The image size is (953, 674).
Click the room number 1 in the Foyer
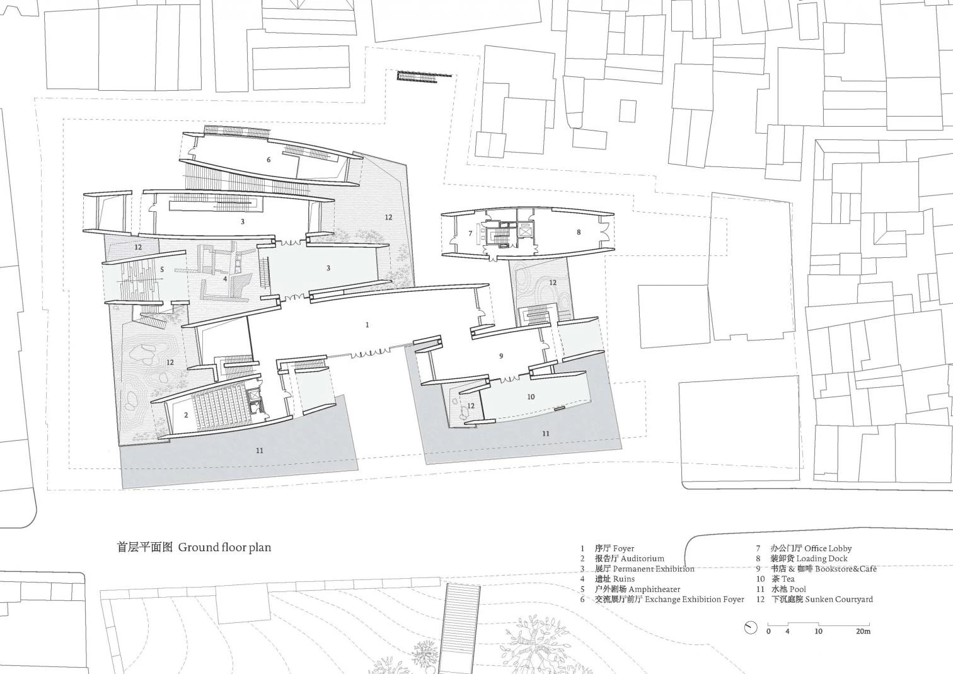click(x=367, y=325)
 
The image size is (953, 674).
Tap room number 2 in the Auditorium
click(x=186, y=415)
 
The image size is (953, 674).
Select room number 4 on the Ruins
click(x=225, y=279)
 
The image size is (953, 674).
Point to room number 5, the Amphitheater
click(x=161, y=269)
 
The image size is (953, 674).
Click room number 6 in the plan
click(x=269, y=160)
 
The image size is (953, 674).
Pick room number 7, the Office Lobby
click(x=470, y=233)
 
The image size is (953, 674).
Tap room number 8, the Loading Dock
click(x=579, y=232)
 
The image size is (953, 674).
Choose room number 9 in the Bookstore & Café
click(x=500, y=356)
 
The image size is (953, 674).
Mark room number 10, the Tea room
click(x=531, y=397)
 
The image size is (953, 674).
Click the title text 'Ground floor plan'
click(x=224, y=547)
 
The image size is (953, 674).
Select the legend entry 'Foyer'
click(x=623, y=549)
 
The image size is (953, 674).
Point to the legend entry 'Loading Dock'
click(x=822, y=559)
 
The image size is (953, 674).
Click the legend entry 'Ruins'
click(x=624, y=579)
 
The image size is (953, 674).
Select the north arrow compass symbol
click(x=751, y=627)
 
